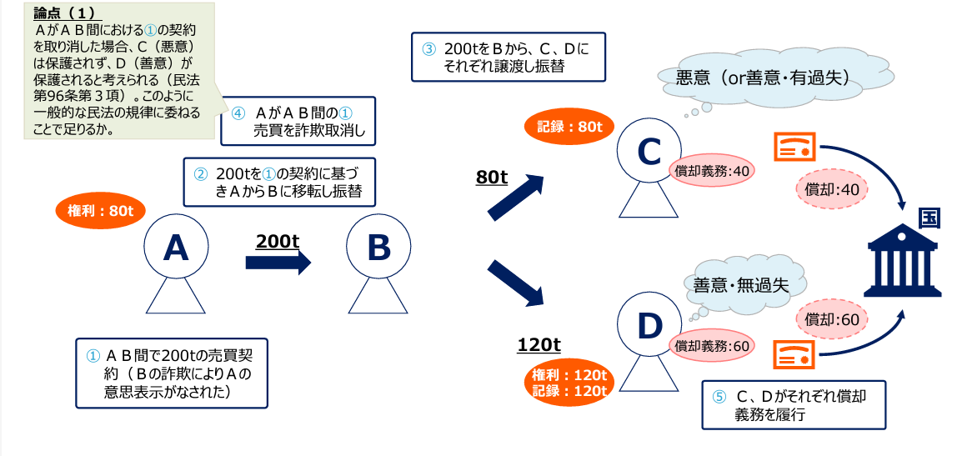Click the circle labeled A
click(175, 248)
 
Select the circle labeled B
click(378, 248)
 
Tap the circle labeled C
click(649, 151)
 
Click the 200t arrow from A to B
click(278, 263)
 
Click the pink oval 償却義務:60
click(712, 346)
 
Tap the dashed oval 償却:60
click(833, 318)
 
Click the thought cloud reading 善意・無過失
click(741, 284)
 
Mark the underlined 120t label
click(539, 344)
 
